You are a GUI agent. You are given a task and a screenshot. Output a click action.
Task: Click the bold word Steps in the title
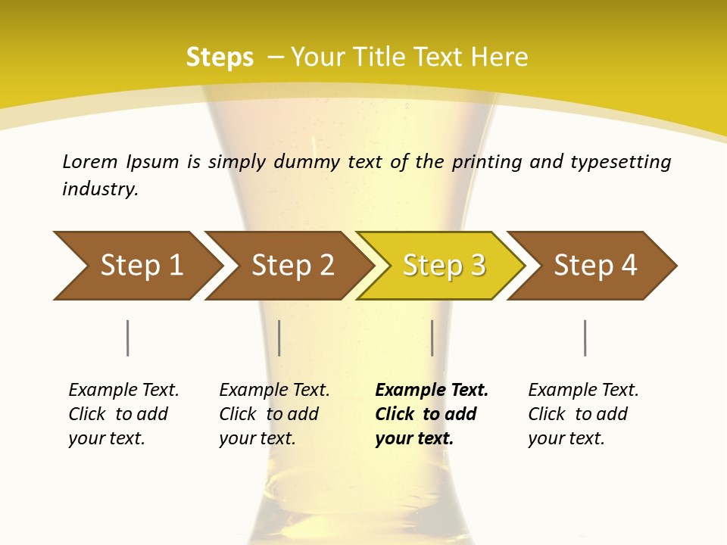(x=220, y=58)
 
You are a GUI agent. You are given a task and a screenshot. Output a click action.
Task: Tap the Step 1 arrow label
(x=142, y=266)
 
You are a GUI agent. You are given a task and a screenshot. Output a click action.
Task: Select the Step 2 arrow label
(x=293, y=266)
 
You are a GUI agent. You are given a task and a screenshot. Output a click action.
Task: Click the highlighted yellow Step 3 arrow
(x=444, y=266)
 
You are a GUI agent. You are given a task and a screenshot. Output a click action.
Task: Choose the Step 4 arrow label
(x=595, y=266)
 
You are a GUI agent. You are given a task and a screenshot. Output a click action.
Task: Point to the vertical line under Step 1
(x=128, y=338)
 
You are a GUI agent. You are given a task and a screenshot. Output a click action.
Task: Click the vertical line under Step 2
(x=279, y=338)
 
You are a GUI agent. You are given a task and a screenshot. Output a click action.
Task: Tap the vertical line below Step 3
(x=432, y=338)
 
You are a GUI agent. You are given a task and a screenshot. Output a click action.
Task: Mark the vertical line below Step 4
(x=585, y=338)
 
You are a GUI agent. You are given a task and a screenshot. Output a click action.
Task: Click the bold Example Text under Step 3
(x=432, y=391)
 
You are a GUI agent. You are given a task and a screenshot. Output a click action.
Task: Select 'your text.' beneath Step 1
(x=106, y=438)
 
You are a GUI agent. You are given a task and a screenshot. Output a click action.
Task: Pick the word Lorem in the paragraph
(x=89, y=162)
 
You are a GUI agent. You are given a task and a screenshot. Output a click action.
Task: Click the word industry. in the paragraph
(x=100, y=189)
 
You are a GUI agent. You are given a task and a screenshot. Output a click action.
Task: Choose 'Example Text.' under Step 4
(x=583, y=391)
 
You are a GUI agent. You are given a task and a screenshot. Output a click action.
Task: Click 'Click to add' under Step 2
(x=269, y=415)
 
